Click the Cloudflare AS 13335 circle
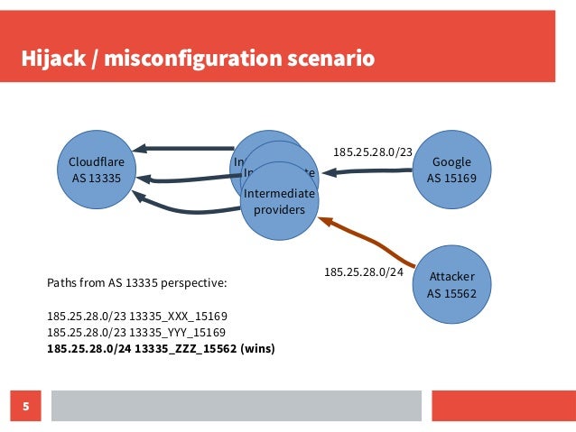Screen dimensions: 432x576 tap(97, 169)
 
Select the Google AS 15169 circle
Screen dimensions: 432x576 tap(458, 169)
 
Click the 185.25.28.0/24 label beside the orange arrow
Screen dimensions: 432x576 tap(363, 271)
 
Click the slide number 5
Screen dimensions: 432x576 tap(25, 406)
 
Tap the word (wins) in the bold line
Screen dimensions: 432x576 tap(257, 348)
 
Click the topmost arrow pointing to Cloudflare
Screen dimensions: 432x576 tap(184, 149)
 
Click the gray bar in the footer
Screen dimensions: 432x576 tap(235, 406)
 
